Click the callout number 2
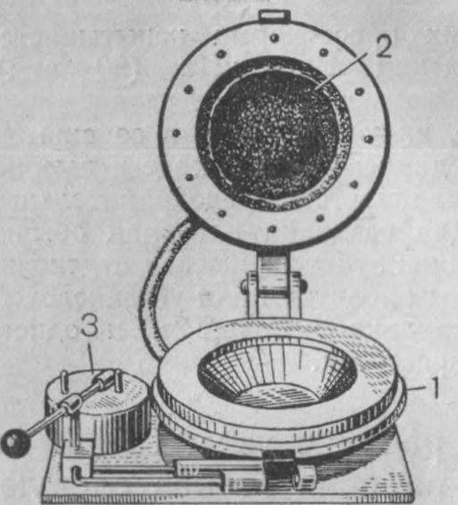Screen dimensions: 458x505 [x=384, y=46]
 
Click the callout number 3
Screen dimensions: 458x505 [x=89, y=326]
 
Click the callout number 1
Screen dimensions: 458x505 [x=434, y=388]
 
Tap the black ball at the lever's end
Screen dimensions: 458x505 [x=15, y=443]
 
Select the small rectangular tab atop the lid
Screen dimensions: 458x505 [x=275, y=15]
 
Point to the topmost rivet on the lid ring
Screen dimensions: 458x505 [x=275, y=37]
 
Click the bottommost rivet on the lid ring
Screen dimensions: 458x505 [x=272, y=229]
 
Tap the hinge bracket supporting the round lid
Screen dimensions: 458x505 [x=274, y=286]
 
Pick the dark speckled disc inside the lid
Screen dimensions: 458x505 [x=274, y=134]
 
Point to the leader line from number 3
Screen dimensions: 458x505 [x=91, y=357]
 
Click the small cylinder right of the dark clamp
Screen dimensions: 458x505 [x=305, y=477]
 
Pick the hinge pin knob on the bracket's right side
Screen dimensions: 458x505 [x=303, y=286]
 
